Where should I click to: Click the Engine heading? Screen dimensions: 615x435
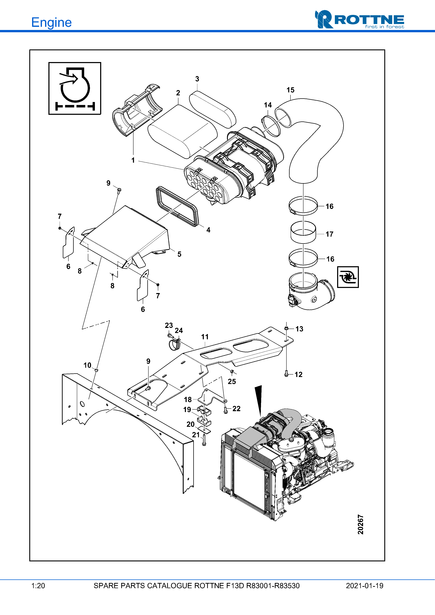tap(51, 22)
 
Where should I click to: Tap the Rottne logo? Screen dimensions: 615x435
tap(359, 20)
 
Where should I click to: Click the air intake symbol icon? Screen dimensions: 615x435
tap(75, 88)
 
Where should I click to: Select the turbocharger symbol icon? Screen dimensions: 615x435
tap(348, 277)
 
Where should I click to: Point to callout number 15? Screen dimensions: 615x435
tap(290, 90)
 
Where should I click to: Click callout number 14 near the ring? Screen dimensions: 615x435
tap(267, 105)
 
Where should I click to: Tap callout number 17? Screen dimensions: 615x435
tap(329, 234)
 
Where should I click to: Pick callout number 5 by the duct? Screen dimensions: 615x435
tap(179, 254)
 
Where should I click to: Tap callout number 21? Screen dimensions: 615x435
tap(196, 435)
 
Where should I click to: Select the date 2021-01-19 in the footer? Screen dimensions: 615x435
tap(364, 586)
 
